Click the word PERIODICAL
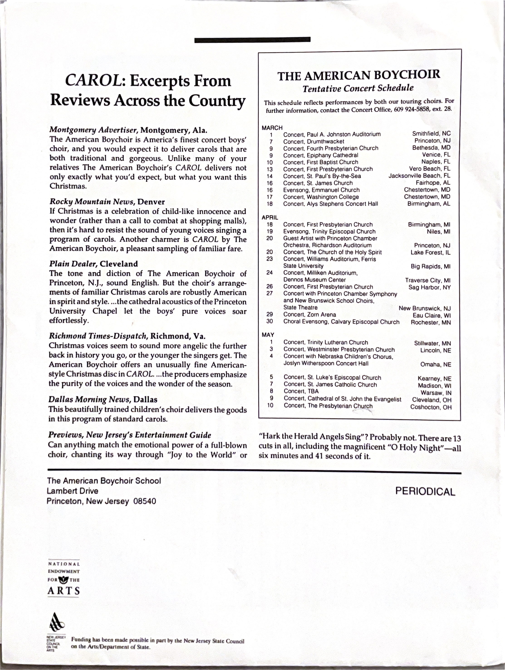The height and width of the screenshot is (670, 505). [425, 491]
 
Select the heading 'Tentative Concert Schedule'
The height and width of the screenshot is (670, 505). [358, 88]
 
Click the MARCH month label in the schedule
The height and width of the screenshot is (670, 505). [272, 128]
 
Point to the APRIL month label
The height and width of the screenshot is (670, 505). [270, 218]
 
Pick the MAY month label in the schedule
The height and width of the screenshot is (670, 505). [268, 335]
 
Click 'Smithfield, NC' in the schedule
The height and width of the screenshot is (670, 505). [431, 134]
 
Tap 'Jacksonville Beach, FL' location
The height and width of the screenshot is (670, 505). [419, 176]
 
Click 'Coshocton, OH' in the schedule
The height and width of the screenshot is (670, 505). [431, 407]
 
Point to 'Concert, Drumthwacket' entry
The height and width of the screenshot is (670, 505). [314, 142]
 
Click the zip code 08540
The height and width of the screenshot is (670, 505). [145, 501]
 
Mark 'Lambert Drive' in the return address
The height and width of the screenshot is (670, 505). [72, 491]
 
